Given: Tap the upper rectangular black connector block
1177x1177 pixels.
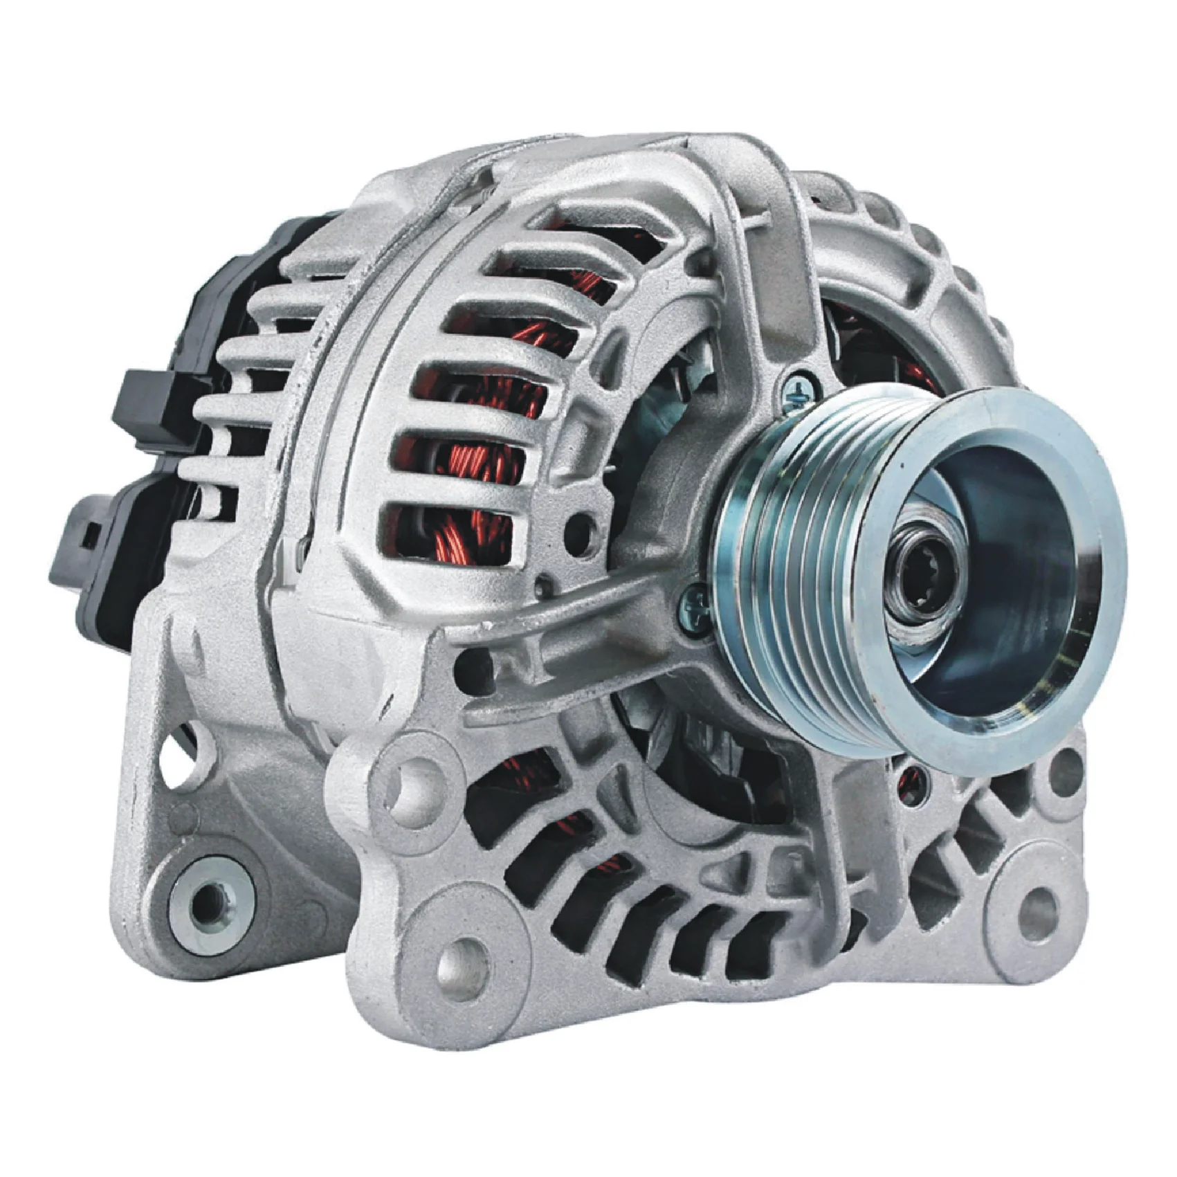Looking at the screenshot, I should (149, 401).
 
